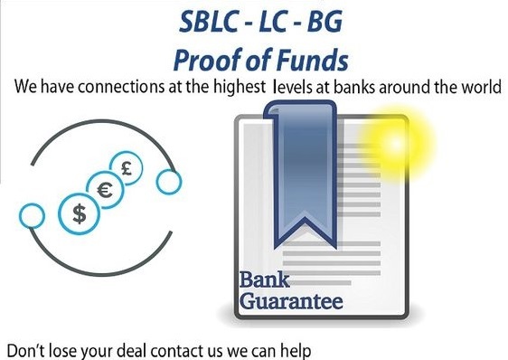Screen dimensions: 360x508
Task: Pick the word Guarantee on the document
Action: tap(291, 300)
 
